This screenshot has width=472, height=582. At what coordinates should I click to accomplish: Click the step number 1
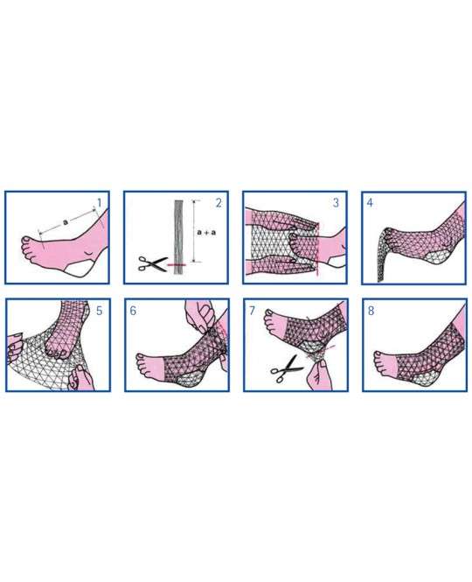(x=99, y=203)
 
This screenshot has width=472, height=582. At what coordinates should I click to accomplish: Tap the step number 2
(x=219, y=203)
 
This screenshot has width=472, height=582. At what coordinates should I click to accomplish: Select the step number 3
(x=336, y=203)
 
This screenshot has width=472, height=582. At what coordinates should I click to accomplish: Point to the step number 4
(x=370, y=203)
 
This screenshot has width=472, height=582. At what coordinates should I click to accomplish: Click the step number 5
(x=99, y=311)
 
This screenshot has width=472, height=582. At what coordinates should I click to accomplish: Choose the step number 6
(x=133, y=311)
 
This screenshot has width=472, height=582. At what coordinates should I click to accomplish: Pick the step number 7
(x=252, y=311)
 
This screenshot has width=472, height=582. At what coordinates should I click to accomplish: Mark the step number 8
(x=371, y=311)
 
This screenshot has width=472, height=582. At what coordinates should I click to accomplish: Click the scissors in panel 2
(x=151, y=263)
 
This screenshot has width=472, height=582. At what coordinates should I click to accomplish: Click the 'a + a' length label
(x=206, y=232)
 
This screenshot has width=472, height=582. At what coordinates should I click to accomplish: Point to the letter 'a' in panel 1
(x=66, y=222)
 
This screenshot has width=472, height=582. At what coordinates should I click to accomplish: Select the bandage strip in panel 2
(x=179, y=237)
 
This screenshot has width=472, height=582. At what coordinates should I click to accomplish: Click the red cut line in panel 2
(x=176, y=264)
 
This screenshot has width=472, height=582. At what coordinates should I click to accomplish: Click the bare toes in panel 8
(x=381, y=362)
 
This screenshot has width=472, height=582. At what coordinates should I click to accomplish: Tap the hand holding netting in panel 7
(x=319, y=375)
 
